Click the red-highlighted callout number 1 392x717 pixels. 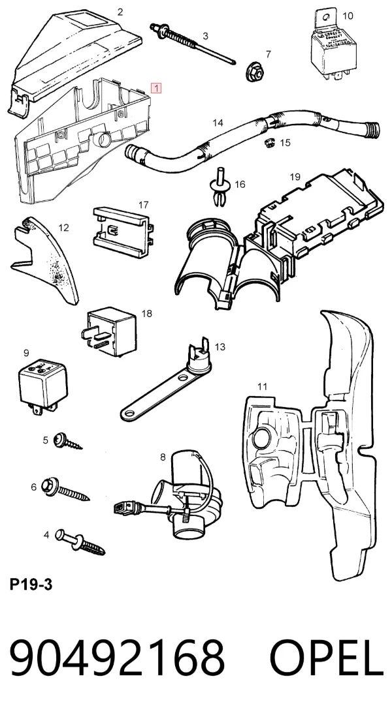(157, 88)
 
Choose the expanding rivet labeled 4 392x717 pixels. (80, 542)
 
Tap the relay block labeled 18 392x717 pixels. (109, 331)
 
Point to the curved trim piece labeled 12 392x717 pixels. (46, 258)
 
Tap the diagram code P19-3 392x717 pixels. (31, 585)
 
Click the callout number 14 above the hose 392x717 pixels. (218, 123)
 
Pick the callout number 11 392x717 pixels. (262, 387)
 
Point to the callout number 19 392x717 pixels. (295, 177)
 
